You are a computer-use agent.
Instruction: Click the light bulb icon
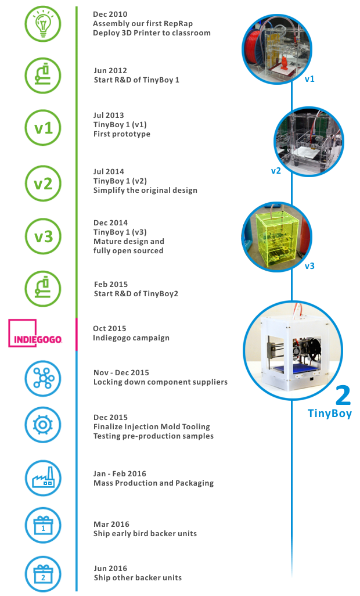[43, 24]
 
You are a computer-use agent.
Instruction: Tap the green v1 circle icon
[43, 128]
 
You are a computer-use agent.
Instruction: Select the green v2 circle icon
[43, 184]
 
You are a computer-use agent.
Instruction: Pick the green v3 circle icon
[43, 236]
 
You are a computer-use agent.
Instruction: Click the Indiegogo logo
[35, 333]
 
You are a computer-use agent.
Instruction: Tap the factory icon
[43, 478]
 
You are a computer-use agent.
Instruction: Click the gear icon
[43, 425]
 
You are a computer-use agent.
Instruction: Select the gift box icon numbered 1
[43, 525]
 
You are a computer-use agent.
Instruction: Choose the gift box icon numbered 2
[43, 574]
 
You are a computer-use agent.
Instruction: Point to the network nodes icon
[43, 379]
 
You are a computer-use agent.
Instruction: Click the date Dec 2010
[110, 14]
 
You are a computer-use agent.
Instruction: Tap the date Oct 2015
[109, 328]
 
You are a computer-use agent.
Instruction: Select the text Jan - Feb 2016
[120, 473]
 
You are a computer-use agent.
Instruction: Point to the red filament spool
[253, 51]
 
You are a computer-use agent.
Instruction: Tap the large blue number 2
[343, 396]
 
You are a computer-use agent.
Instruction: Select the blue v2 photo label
[276, 171]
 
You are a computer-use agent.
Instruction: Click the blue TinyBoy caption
[330, 413]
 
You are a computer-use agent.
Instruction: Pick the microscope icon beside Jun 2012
[43, 76]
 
